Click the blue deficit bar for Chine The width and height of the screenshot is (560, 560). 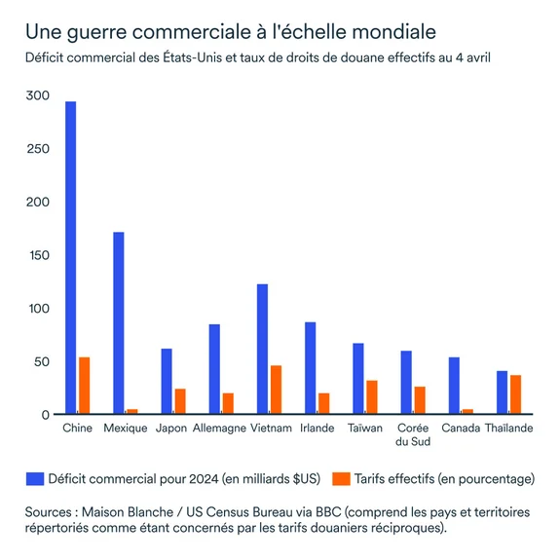[x=70, y=258]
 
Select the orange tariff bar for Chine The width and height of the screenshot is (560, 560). [x=85, y=386]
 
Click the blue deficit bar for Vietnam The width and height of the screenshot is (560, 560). [x=262, y=350]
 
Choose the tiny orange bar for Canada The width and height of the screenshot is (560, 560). [x=467, y=411]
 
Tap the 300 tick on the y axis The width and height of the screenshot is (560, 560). [x=37, y=95]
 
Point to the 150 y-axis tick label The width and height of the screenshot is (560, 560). [x=37, y=255]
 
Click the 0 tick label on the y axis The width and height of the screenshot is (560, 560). [x=44, y=415]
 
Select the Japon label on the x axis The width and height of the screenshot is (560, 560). [x=171, y=429]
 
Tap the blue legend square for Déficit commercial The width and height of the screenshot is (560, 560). [x=35, y=479]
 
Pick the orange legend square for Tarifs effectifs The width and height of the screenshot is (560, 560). [x=341, y=479]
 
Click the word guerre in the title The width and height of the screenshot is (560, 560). [x=98, y=33]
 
